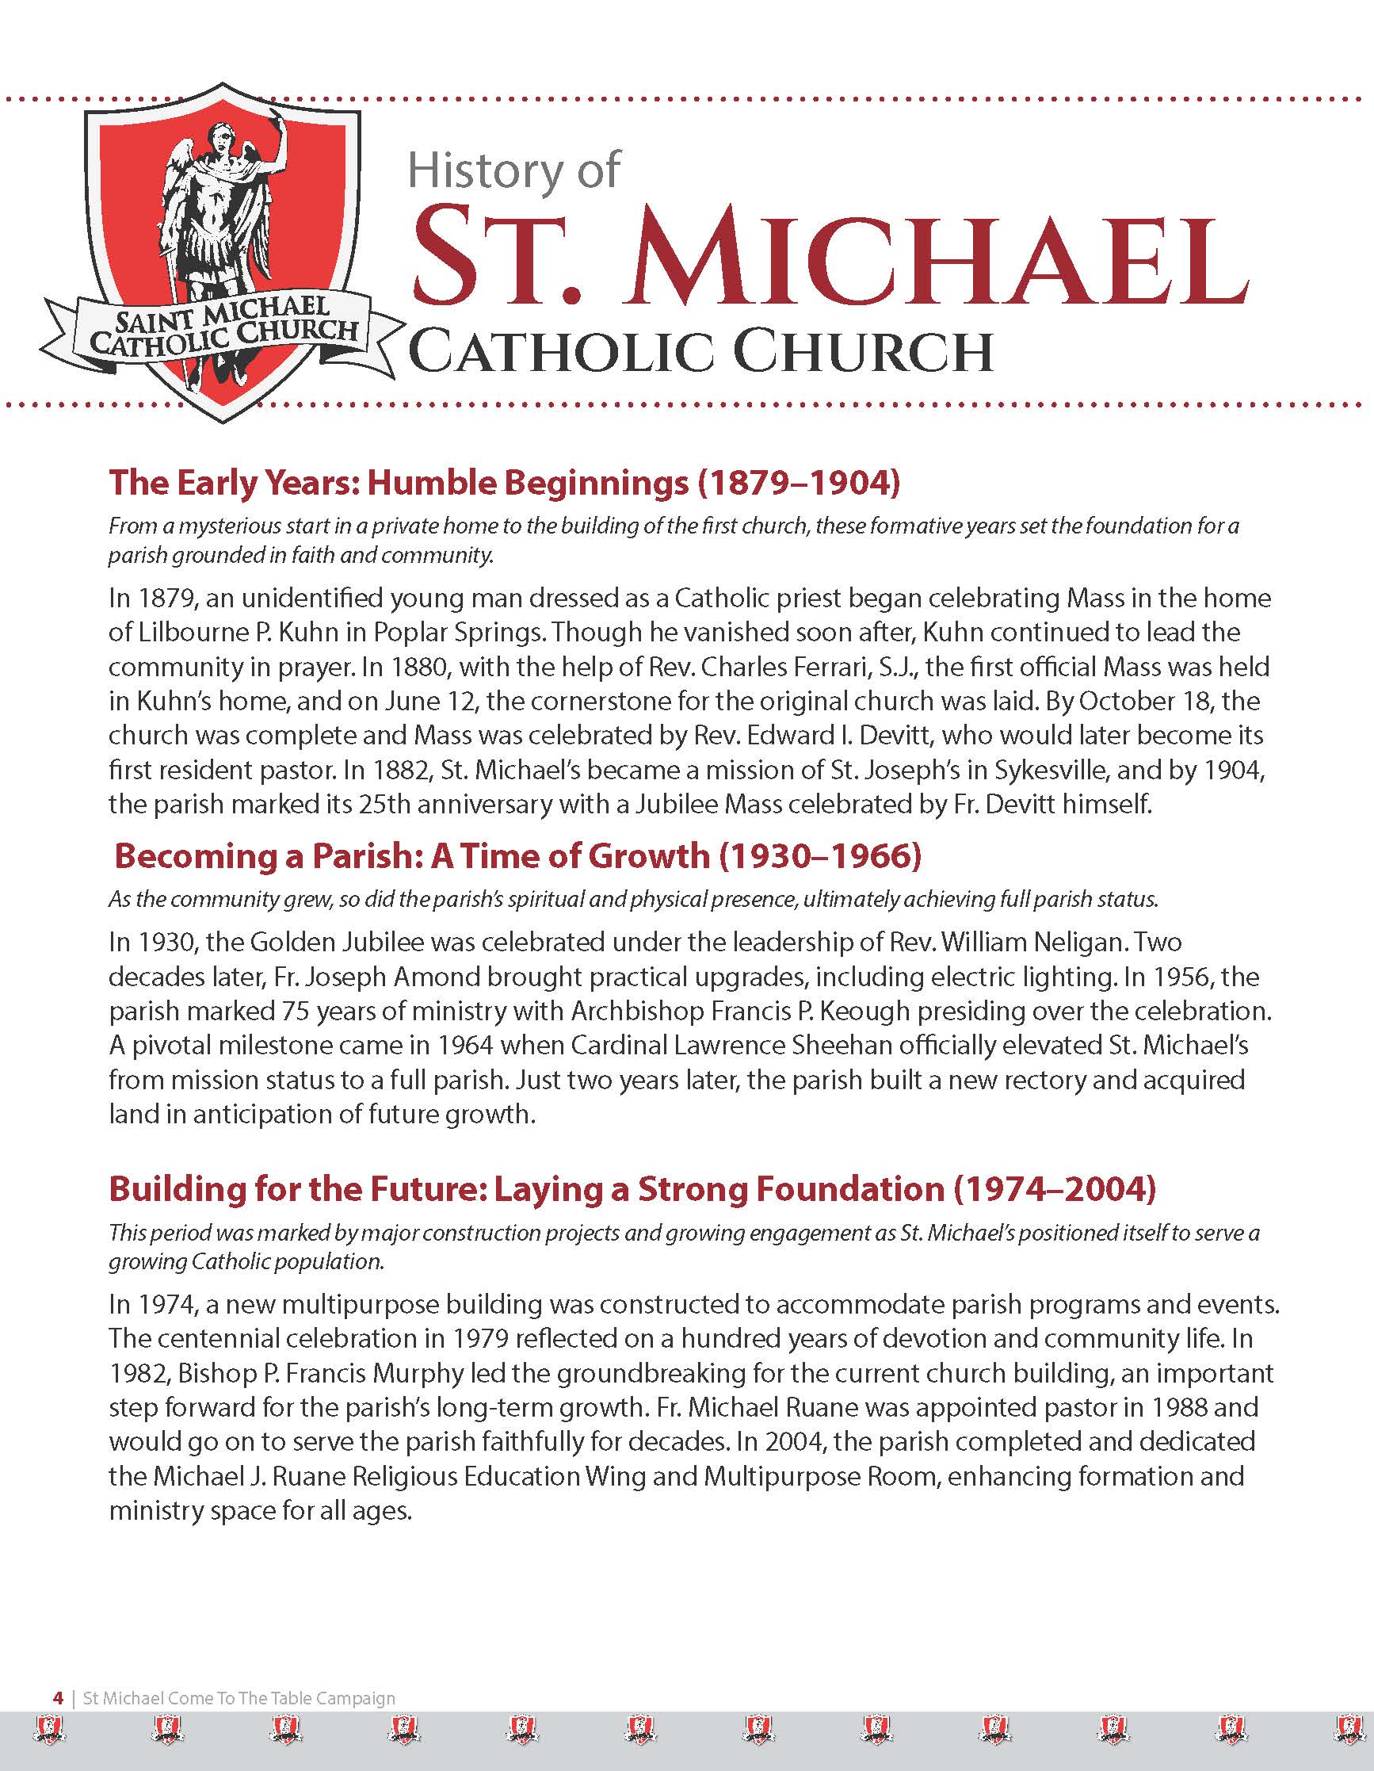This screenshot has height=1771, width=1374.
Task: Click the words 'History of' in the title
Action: pos(514,171)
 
